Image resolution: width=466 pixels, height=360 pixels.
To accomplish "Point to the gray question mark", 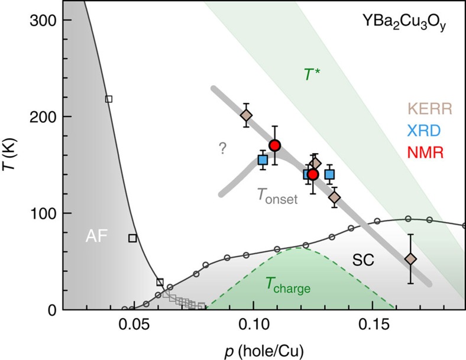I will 222,150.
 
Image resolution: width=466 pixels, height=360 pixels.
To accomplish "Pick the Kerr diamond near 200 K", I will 247,115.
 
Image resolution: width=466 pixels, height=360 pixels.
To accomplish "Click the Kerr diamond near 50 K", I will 410,259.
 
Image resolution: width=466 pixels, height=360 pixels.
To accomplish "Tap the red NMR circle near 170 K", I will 274,145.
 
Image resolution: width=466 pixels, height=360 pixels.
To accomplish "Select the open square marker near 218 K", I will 108,99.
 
